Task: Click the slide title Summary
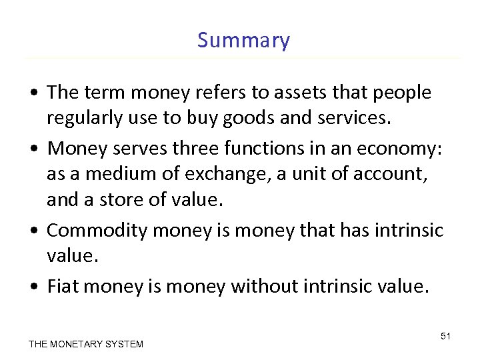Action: point(243,41)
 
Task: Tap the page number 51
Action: point(445,336)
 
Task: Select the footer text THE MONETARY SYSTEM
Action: point(86,344)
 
